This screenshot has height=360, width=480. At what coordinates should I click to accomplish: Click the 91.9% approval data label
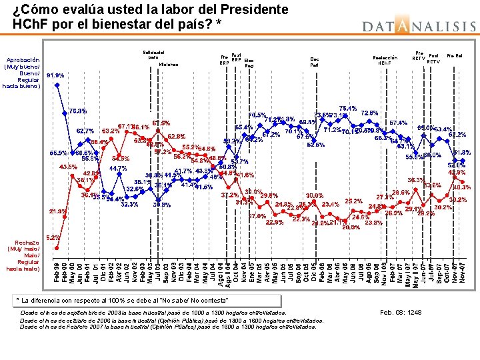[55, 76]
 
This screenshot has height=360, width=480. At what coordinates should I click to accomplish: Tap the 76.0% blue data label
[77, 111]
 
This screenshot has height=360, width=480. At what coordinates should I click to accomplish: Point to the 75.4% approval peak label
[347, 108]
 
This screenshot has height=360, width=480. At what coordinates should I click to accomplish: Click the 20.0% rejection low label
[351, 227]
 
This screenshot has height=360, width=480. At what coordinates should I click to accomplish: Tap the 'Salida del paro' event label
[154, 54]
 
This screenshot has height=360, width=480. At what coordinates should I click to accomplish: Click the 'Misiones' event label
[169, 65]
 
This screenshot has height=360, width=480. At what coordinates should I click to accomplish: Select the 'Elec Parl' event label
[314, 62]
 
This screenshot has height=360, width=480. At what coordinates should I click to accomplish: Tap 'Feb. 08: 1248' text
[401, 312]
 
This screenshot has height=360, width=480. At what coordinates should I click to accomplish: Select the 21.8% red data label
[57, 211]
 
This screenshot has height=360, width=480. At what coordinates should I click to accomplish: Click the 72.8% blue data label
[369, 113]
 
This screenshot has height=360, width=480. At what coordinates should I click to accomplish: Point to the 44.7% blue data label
[117, 169]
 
